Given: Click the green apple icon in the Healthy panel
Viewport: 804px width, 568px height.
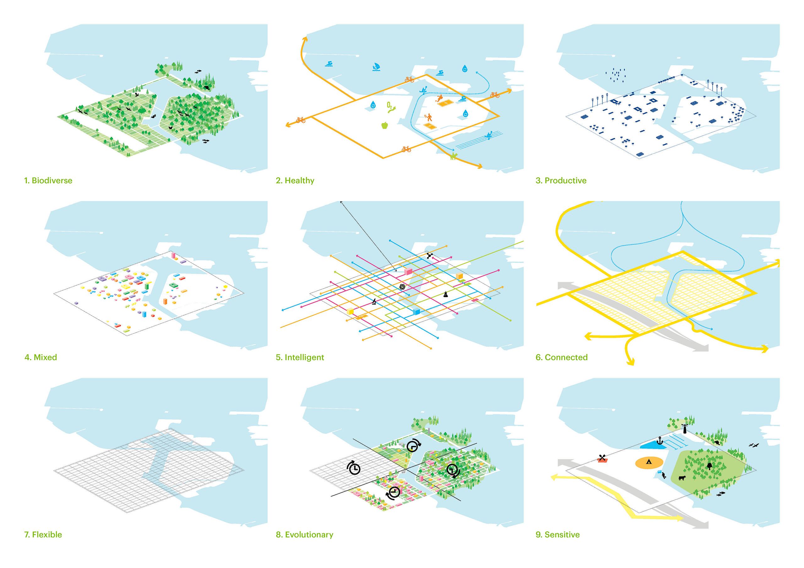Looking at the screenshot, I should (x=384, y=125).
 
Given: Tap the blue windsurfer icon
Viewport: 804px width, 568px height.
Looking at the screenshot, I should (x=376, y=67).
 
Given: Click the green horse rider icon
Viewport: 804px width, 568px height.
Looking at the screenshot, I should (x=454, y=156).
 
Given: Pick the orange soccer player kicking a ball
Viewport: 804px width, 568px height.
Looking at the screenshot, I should (x=439, y=98).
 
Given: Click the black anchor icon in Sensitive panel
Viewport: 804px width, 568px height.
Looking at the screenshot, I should (x=660, y=441).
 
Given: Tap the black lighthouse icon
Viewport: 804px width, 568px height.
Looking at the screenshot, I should (x=685, y=428).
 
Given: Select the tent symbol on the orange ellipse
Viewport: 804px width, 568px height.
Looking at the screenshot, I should (x=649, y=462).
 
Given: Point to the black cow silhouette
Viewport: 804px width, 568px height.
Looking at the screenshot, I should (x=682, y=477).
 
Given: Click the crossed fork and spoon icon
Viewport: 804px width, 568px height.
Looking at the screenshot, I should (x=602, y=458).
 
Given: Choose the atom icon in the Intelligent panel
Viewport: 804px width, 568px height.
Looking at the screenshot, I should (x=402, y=287).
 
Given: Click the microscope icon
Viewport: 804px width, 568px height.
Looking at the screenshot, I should (x=374, y=301).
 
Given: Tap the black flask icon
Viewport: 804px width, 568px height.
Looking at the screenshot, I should (x=445, y=294).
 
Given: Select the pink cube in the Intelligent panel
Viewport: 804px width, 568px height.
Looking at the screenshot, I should (x=408, y=271).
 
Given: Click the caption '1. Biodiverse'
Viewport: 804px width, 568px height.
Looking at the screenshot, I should (x=48, y=180).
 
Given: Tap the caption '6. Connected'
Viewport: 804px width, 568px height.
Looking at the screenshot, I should (x=561, y=357).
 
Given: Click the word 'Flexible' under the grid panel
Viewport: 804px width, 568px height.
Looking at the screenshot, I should (x=47, y=535).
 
